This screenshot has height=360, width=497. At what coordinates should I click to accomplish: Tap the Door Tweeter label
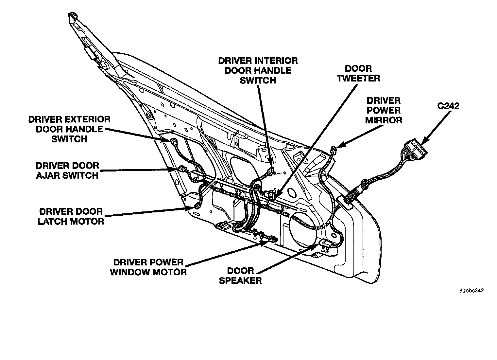tap(359, 73)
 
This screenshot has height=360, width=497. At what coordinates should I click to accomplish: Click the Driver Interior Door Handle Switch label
tap(258, 70)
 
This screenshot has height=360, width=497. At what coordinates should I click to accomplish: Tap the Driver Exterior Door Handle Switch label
tap(69, 129)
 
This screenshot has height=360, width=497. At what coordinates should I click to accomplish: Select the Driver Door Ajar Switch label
tap(67, 170)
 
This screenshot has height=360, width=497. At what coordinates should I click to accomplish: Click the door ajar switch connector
tap(181, 169)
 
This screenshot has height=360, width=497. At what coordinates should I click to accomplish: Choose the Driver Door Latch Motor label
tap(71, 216)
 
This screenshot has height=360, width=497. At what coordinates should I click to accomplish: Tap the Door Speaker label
tap(240, 275)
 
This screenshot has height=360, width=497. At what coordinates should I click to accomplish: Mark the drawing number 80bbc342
tap(471, 290)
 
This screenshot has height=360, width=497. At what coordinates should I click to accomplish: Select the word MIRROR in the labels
tap(384, 120)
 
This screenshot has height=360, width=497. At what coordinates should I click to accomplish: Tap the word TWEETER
tap(359, 78)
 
